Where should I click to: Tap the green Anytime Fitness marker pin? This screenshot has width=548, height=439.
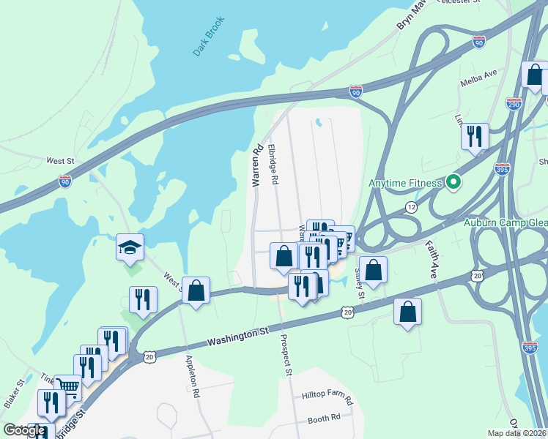point(453,182)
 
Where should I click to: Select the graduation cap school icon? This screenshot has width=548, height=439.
point(130,248)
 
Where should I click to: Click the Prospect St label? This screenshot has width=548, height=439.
point(285,356)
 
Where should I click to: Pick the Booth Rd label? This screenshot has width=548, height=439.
point(324,419)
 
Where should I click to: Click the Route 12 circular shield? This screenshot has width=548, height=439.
point(411,208)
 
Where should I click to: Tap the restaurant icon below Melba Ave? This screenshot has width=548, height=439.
point(475,136)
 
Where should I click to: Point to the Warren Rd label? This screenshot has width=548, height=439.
point(257,167)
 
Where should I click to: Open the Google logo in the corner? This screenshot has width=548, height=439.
point(24,430)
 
